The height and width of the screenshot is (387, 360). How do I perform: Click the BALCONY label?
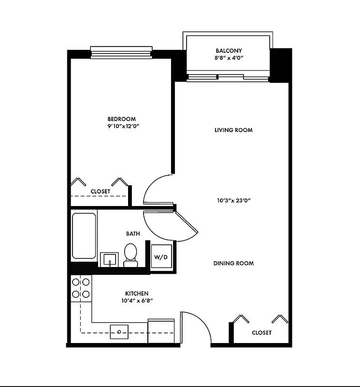coord(229,50)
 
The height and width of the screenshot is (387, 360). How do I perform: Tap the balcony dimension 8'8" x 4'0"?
coord(229,58)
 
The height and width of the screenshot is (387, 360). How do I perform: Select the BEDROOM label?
coord(121,119)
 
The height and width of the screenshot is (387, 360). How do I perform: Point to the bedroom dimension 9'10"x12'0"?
coord(121,126)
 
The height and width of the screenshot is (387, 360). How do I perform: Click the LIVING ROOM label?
coord(233,130)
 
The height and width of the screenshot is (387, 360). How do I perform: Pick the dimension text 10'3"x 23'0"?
coord(233,200)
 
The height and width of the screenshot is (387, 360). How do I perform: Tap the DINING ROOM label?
coord(233,264)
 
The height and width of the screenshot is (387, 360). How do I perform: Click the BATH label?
coord(133,234)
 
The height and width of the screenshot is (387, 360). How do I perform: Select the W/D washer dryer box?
coord(160,257)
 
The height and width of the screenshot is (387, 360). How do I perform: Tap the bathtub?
coord(84,236)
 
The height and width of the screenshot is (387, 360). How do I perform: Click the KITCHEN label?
coord(137,294)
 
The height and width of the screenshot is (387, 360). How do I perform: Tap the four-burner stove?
coord(81,288)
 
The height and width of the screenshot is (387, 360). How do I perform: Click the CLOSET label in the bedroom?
coord(100,192)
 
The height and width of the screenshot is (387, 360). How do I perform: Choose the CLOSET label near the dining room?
coord(261,333)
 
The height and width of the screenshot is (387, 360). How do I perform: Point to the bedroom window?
coord(121,52)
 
